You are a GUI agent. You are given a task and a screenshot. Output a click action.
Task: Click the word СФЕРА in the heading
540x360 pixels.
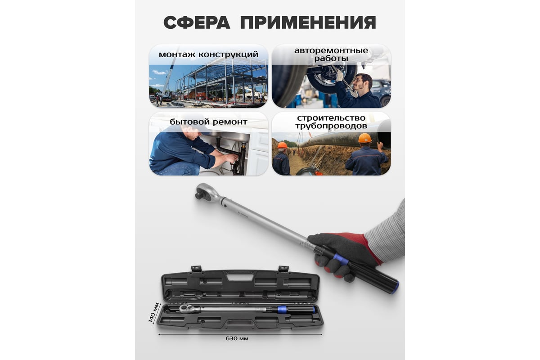point(197,22)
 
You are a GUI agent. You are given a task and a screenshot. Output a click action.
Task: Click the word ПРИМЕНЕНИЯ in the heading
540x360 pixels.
point(308,22)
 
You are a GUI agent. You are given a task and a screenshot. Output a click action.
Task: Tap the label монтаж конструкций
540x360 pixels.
point(208,54)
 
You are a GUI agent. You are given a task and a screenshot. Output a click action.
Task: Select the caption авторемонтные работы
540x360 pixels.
point(331,54)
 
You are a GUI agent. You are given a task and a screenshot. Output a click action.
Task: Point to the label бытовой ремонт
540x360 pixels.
point(208,122)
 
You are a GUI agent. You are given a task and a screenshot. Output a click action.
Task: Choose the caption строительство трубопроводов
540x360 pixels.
point(331,122)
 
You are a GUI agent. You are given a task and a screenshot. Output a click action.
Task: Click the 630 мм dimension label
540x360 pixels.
point(237,338)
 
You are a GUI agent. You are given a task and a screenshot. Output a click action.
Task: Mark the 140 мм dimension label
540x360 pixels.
point(154,312)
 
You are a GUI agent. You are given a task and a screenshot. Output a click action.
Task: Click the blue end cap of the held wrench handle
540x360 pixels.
point(395,288)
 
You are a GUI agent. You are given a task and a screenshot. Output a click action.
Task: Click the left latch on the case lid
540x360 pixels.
point(196,269)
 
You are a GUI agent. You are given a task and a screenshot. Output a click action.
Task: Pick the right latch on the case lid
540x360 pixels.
point(283,269)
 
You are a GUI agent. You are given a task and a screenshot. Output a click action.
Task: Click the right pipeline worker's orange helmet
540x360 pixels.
point(365,138)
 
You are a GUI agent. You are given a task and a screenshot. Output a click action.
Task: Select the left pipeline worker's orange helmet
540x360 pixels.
point(283,145)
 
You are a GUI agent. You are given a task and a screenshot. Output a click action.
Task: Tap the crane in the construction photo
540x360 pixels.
point(169,76)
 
